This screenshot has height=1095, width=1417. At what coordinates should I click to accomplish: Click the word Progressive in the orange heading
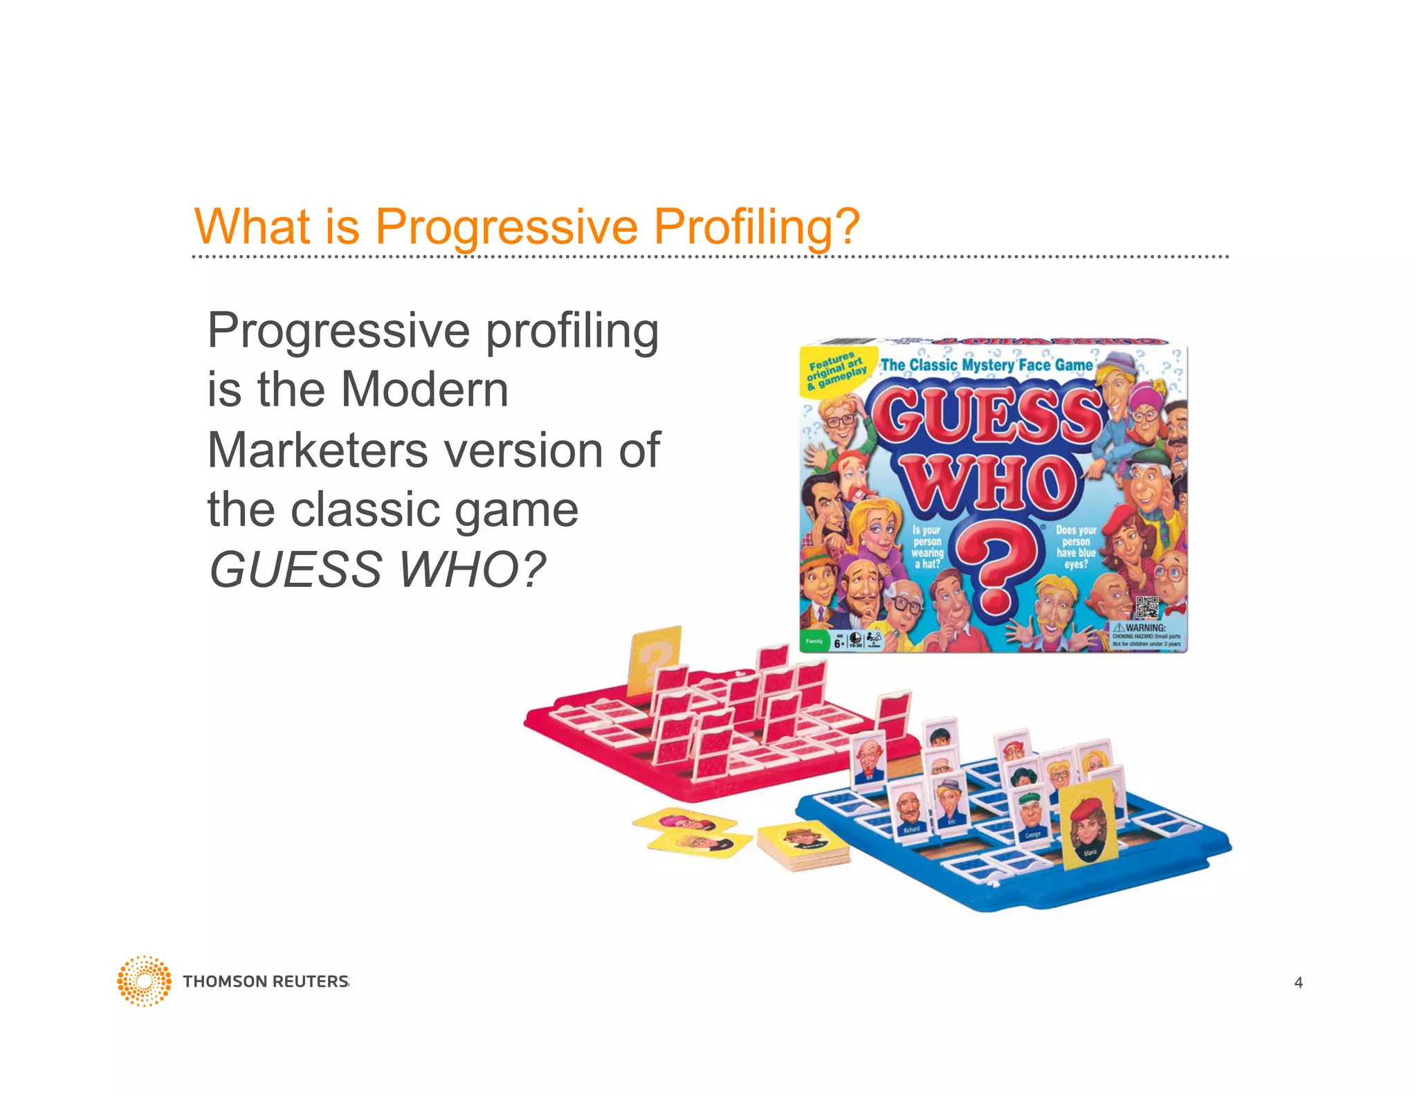tap(506, 227)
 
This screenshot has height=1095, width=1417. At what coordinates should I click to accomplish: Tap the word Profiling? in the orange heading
tap(756, 227)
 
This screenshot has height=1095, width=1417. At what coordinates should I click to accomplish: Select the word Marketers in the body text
tap(318, 450)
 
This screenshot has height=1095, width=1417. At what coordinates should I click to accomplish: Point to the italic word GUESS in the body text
tap(296, 570)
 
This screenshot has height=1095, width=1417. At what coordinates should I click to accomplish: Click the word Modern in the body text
tap(425, 390)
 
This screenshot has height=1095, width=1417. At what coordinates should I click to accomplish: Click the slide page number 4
tap(1298, 982)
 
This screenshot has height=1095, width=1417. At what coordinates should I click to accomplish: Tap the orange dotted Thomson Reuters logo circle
tap(144, 981)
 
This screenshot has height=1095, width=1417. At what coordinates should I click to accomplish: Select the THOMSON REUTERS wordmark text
tap(266, 981)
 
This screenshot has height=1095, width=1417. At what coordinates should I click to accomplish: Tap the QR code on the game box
tap(1146, 607)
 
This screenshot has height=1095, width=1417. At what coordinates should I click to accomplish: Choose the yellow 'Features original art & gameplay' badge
tap(836, 372)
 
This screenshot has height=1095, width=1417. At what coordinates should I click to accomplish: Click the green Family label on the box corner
tap(814, 641)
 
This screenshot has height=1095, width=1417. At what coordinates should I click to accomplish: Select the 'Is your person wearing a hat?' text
tap(926, 547)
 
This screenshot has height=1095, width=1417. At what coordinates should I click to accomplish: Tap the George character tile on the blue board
tap(1032, 817)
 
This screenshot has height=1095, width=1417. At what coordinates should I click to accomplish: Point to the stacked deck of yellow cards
tap(803, 846)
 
